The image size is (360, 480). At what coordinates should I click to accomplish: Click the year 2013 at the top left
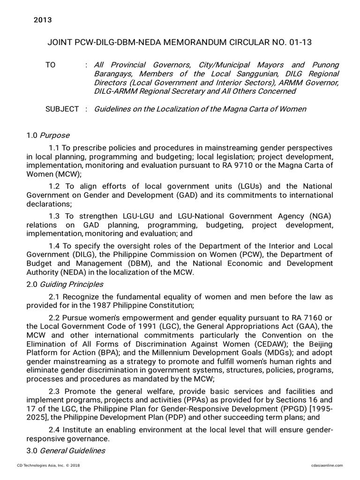43,20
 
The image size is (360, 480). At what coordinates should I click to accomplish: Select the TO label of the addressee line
50,65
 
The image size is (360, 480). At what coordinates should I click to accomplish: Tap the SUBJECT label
62,109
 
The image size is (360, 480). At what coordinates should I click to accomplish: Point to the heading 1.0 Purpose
48,135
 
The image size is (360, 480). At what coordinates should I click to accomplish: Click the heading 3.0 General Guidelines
66,450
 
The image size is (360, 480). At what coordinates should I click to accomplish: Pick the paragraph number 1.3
54,216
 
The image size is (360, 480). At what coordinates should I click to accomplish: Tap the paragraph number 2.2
54,317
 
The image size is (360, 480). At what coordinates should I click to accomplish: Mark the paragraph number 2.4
54,430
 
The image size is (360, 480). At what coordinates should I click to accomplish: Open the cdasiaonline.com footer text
327,465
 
